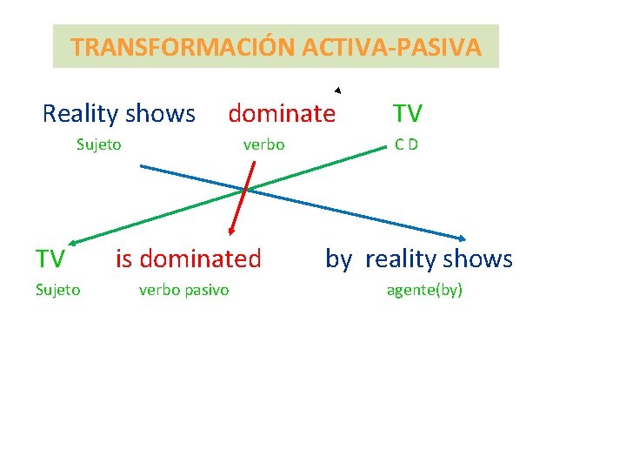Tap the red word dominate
(281, 113)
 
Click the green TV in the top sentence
(407, 113)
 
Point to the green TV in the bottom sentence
(50, 258)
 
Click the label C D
(406, 144)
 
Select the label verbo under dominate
(263, 144)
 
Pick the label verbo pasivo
(183, 290)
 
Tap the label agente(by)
(424, 290)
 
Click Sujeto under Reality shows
(98, 144)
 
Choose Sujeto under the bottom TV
(57, 290)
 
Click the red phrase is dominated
(188, 258)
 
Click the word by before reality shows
(338, 258)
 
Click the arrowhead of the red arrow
(231, 232)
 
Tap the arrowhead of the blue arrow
(463, 238)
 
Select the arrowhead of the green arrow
(73, 242)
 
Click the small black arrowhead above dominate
(337, 90)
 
